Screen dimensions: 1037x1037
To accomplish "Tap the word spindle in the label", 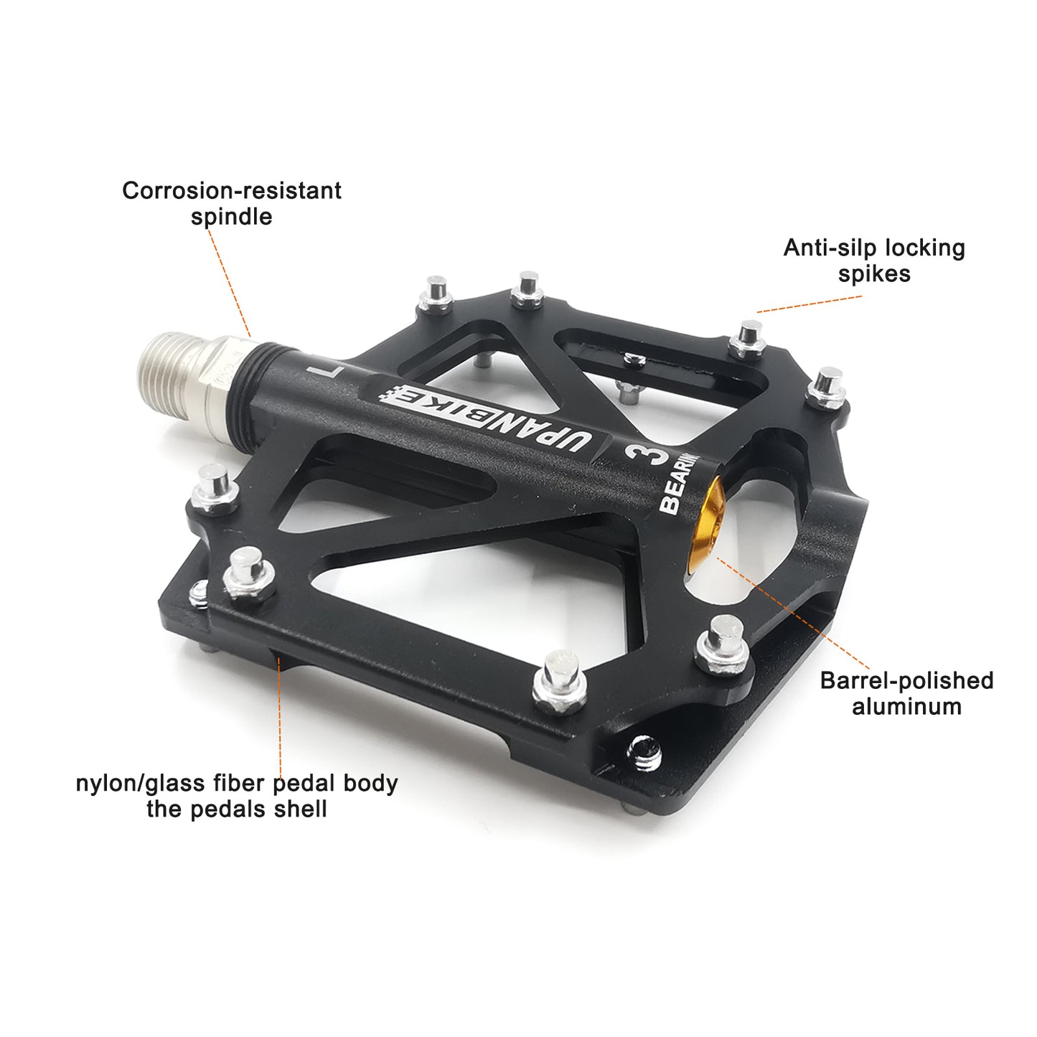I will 231,217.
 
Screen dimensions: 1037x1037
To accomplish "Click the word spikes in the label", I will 874,274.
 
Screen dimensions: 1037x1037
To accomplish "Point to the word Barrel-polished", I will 906,680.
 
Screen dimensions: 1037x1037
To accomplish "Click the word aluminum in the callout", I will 906,706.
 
